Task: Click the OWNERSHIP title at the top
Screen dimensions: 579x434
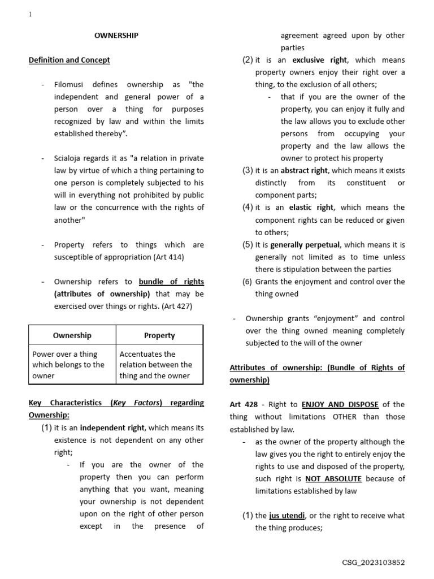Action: point(116,36)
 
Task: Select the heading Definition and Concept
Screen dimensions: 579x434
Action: point(69,60)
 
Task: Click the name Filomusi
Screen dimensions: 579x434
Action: point(72,85)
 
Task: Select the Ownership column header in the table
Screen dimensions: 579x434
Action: point(72,335)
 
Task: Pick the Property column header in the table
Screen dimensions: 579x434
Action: point(159,335)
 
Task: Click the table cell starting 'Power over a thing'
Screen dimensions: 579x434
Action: point(68,365)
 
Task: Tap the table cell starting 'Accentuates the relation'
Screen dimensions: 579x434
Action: point(156,365)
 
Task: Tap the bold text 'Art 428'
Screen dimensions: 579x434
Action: point(243,404)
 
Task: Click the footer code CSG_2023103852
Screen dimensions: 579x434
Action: point(373,563)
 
